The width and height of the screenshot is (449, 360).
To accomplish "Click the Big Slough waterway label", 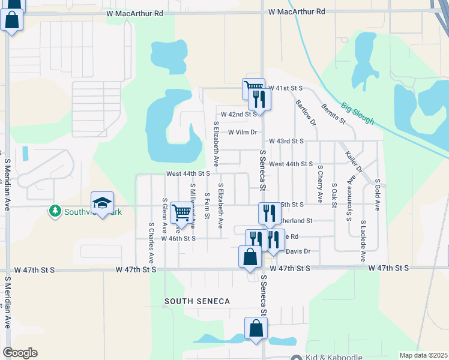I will coord(358,113).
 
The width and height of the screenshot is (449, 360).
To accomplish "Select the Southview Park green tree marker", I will coord(55,211).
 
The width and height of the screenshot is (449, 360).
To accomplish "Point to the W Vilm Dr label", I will coord(243,132).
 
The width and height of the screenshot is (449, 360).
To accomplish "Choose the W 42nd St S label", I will coord(239,113).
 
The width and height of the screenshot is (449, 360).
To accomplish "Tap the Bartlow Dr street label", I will coord(306,113).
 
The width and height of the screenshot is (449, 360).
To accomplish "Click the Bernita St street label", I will coord(334,112).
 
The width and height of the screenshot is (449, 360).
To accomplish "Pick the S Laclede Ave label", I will coord(364,240).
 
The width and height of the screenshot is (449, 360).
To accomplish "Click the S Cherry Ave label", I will coord(321,183).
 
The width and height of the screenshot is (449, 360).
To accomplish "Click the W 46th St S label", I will coord(178,238).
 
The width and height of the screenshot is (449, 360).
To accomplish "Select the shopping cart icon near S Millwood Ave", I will coord(181,212).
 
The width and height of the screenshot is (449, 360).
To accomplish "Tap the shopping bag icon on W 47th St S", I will coord(250,257).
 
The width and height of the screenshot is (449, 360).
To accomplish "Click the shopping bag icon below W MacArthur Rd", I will coord(12,20).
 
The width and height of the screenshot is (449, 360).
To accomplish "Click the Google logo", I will coord(20,353).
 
